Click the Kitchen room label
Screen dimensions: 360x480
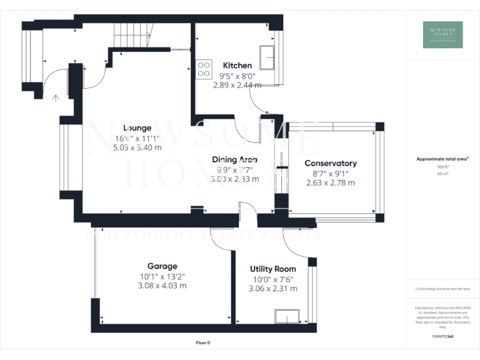237,66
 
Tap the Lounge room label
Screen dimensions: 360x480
137,128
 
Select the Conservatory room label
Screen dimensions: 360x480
330,164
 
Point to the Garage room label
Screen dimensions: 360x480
162,266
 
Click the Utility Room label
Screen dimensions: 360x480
272,269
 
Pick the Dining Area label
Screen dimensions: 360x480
235,159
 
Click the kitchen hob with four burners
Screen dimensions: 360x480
204,69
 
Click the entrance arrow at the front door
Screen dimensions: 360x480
56,97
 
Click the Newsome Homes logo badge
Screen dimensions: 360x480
442,35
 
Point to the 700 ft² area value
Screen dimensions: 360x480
442,167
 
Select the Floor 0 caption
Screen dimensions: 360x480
203,342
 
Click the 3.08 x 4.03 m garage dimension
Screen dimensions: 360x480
162,286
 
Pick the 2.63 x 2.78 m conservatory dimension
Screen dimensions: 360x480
330,182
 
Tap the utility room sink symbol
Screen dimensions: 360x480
287,316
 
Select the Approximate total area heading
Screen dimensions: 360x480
442,159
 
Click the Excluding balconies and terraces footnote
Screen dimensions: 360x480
442,289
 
